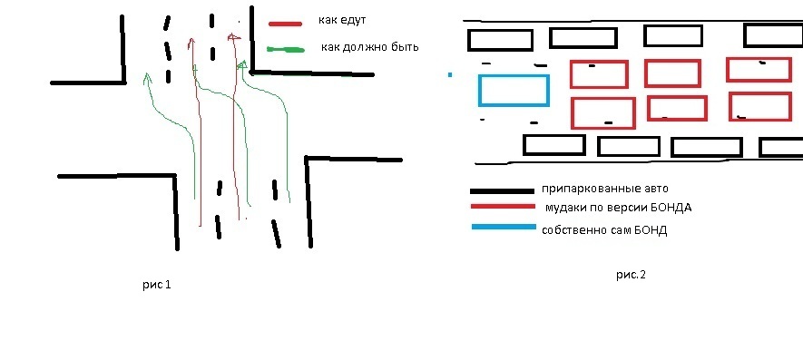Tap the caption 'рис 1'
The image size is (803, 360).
[x=157, y=285]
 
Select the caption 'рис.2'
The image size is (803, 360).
[x=631, y=275]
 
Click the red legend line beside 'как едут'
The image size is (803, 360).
[x=285, y=23]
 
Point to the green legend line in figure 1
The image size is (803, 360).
[x=286, y=50]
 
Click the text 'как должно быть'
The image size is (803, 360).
[x=370, y=47]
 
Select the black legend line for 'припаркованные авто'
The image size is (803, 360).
[x=502, y=191]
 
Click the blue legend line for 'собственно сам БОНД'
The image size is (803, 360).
[x=504, y=227]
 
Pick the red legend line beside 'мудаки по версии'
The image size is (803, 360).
[x=503, y=207]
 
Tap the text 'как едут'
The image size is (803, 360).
[x=342, y=21]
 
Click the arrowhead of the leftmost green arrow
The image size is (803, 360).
[x=148, y=78]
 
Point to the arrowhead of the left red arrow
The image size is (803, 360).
[x=191, y=43]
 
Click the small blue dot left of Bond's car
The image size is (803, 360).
[x=450, y=74]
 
